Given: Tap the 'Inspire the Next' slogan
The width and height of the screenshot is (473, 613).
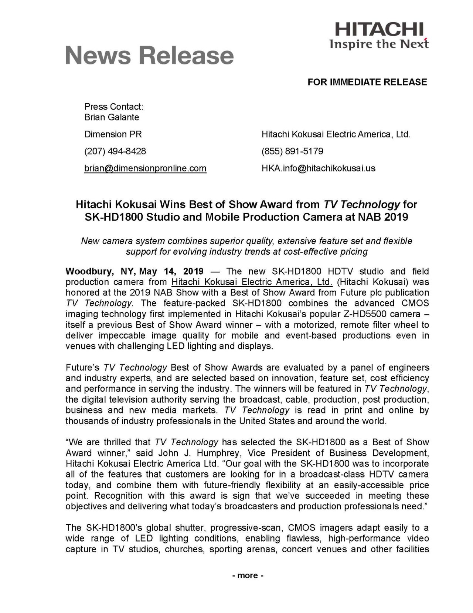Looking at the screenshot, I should point(379,44).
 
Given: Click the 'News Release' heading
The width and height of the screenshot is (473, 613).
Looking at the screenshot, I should point(150,56).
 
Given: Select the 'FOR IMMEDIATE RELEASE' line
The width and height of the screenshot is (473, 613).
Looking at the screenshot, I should point(367,82).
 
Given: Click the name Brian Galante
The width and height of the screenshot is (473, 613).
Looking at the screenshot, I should point(112,117).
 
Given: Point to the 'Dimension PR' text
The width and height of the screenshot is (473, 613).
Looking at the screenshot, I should point(113,134).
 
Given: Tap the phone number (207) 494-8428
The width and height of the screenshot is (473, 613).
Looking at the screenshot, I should point(115,151).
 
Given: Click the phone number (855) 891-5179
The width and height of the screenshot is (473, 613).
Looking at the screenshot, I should point(292,151).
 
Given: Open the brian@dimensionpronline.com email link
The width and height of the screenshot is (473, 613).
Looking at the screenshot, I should point(145,168).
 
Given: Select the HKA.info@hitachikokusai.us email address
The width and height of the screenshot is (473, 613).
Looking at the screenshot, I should point(318,168).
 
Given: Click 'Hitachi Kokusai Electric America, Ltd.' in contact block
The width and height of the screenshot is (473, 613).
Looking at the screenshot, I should point(336,134).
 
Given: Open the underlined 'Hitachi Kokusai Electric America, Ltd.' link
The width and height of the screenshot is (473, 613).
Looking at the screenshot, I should point(252,282).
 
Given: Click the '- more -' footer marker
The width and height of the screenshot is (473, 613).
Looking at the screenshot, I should point(248,575).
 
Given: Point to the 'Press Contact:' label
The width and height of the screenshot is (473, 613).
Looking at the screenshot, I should point(114,107).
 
